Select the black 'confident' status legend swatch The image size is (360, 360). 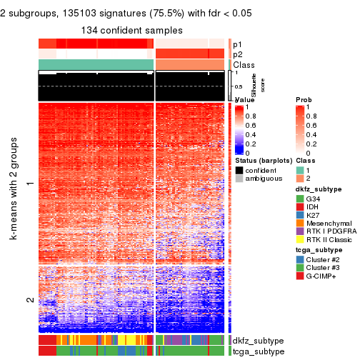tap(239, 170)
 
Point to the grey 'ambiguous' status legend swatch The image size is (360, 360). tap(239, 179)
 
